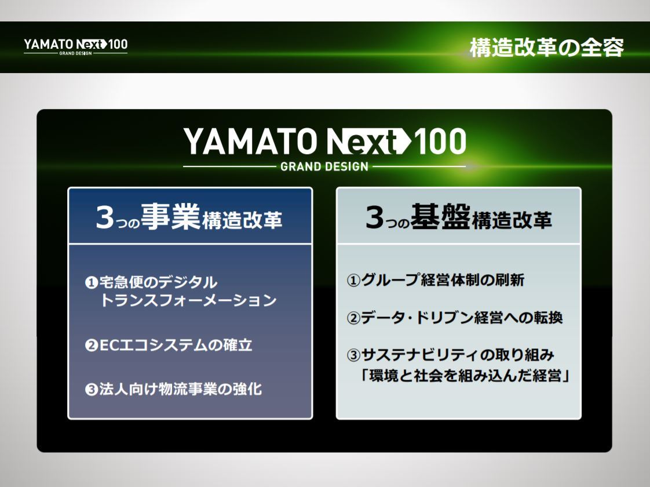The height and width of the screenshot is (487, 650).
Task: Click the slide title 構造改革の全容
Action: (x=546, y=48)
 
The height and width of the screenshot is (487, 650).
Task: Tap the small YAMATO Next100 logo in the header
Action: (x=75, y=46)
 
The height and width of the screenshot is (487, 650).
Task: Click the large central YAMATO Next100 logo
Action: (x=324, y=142)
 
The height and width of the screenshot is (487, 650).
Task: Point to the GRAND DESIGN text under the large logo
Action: (x=324, y=167)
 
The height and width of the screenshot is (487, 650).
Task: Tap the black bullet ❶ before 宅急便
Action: (x=90, y=283)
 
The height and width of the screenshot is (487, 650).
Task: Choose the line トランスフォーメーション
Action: (x=188, y=301)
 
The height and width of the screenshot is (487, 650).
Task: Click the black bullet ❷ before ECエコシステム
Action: (x=90, y=346)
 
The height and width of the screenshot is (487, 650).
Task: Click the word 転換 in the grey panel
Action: (x=548, y=318)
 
